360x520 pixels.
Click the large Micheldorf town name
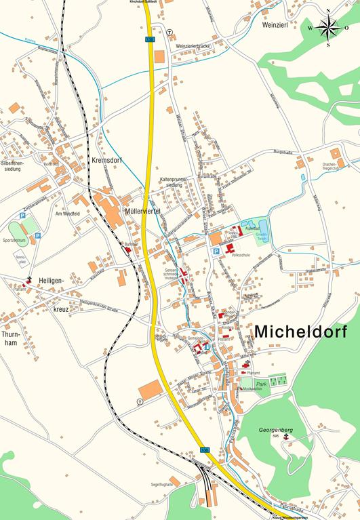(300, 332)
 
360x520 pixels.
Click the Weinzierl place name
(275, 23)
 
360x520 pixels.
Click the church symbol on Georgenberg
(285, 438)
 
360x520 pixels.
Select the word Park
(262, 384)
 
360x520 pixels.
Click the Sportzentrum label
(14, 240)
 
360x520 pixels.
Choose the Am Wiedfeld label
(68, 214)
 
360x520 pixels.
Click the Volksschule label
(241, 256)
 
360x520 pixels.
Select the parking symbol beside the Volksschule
(216, 251)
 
